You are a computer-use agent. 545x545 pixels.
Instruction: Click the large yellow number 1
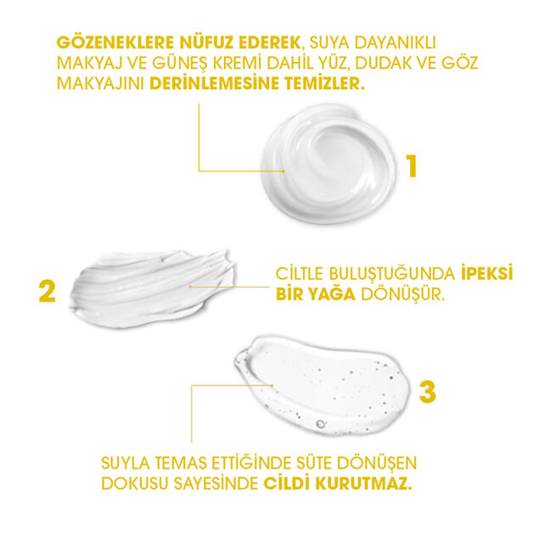[411, 165]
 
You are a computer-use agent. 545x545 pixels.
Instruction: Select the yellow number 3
[428, 392]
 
